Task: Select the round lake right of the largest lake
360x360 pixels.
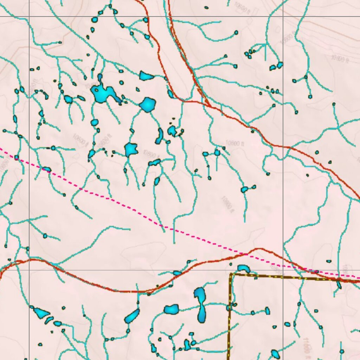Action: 148,104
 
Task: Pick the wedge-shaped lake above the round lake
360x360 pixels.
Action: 146,76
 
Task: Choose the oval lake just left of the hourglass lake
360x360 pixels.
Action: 172,309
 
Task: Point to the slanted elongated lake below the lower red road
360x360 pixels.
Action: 132,316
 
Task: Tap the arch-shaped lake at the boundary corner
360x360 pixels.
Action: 243,269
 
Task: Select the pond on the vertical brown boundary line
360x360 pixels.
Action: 229,308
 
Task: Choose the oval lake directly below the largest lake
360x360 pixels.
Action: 94,123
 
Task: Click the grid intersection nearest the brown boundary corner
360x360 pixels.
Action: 283,270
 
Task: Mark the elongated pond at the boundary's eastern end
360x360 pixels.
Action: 339,284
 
